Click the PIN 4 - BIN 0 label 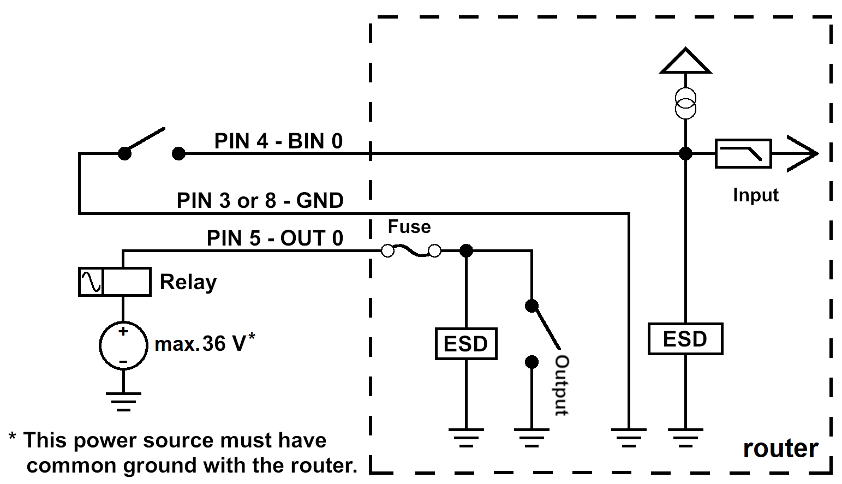pos(278,141)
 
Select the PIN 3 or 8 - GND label pos(260,200)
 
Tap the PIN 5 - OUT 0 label pos(275,238)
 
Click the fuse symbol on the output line pos(411,250)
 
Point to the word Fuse pos(409,226)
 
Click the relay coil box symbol pos(115,282)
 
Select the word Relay pos(188,282)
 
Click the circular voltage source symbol pos(123,345)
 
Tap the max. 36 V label pos(205,343)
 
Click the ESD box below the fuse pos(466,344)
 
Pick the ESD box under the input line pos(685,338)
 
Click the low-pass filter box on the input pos(743,154)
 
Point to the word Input pos(756,195)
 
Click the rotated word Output pos(562,386)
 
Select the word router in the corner pos(781,449)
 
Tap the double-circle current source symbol pos(685,103)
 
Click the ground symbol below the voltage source pos(123,402)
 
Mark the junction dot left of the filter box pos(685,154)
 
